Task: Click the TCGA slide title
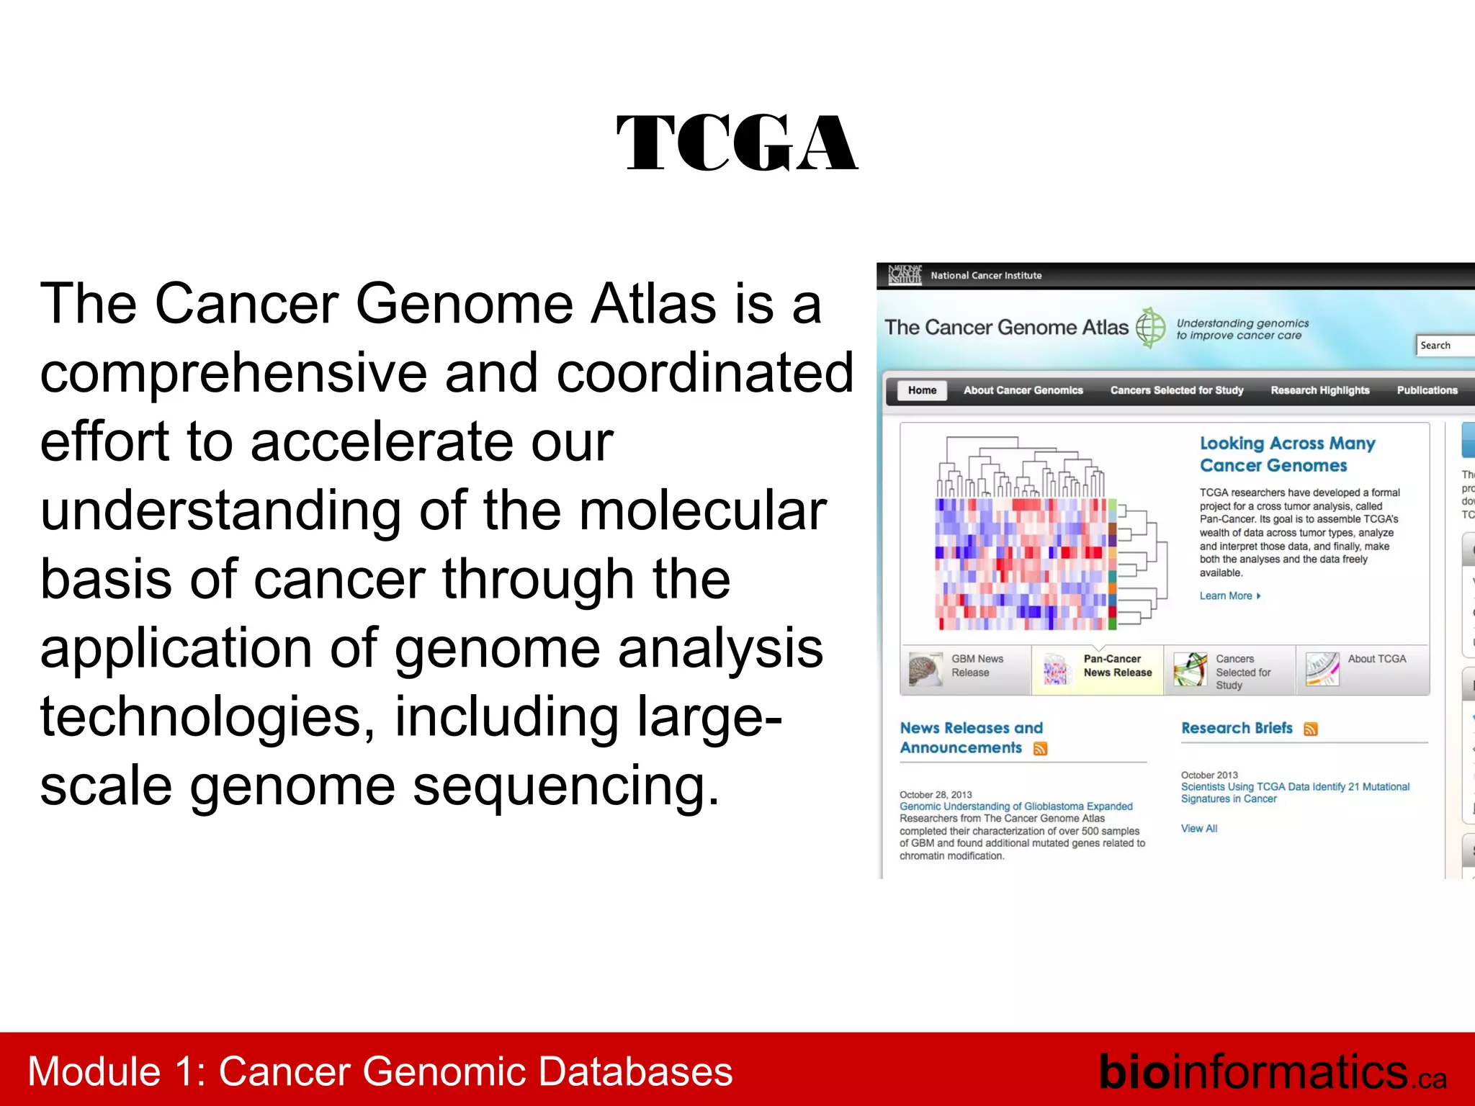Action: [x=737, y=143]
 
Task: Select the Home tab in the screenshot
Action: [x=922, y=390]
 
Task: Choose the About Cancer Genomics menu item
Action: [x=1023, y=390]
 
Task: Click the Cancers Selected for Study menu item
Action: [x=1177, y=390]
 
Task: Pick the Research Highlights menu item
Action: [x=1319, y=390]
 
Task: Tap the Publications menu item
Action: [x=1427, y=390]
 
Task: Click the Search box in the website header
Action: [x=1444, y=346]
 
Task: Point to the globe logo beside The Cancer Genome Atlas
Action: [x=1150, y=328]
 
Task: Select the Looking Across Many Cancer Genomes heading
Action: [x=1287, y=454]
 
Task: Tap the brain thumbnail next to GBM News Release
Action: [x=925, y=669]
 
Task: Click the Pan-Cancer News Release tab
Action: [x=1117, y=666]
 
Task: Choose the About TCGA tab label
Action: [x=1376, y=659]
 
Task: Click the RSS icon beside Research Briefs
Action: [x=1311, y=729]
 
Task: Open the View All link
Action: [x=1198, y=829]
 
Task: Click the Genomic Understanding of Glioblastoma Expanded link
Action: [x=1016, y=806]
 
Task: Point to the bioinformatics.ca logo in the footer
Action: [x=1272, y=1072]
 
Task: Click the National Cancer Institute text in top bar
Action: [x=985, y=276]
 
